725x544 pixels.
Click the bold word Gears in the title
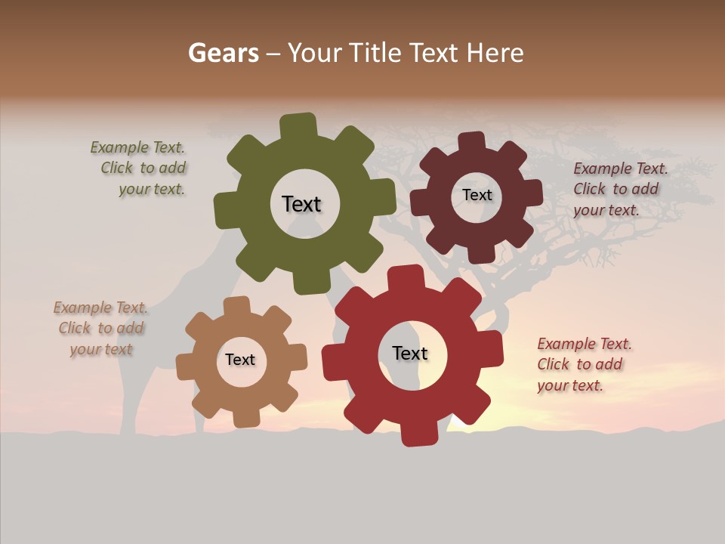(x=223, y=53)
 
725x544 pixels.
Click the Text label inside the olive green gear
(x=301, y=204)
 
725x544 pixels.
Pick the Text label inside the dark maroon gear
(x=477, y=195)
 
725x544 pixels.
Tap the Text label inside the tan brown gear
(x=240, y=360)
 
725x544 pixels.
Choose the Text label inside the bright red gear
(x=410, y=354)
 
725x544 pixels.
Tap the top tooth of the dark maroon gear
(x=472, y=142)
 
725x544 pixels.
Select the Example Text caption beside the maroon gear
(x=619, y=189)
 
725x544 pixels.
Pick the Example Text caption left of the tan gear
(x=100, y=328)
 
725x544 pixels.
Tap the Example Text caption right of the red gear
(x=584, y=365)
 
